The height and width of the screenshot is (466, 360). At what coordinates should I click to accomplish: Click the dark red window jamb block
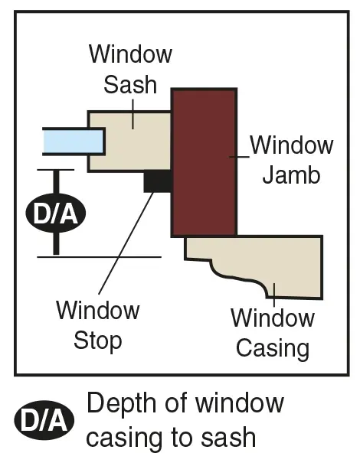tap(204, 162)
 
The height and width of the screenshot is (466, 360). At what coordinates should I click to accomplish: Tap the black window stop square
tap(158, 181)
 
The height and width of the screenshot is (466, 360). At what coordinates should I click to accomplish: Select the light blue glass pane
tap(74, 142)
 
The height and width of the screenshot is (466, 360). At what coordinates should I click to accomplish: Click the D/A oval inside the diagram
tap(56, 213)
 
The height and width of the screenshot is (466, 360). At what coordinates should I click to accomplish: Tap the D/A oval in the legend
tap(44, 420)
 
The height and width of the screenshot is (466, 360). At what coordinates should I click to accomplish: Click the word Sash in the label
tap(130, 85)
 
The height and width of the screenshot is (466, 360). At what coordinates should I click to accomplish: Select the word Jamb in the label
tap(291, 175)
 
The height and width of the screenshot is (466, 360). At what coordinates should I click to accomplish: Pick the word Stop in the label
tap(98, 341)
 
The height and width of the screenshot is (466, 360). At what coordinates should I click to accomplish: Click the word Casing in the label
tap(273, 349)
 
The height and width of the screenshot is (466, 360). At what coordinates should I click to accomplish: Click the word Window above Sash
tap(130, 54)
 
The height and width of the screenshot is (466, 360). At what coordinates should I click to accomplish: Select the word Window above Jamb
tap(292, 145)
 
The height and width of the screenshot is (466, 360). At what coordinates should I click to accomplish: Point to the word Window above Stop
tap(98, 310)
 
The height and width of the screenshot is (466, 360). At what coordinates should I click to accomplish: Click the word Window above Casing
tap(273, 318)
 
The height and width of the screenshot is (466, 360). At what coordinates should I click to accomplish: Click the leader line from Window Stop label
tap(126, 243)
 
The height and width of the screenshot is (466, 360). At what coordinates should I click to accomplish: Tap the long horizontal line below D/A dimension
tap(99, 257)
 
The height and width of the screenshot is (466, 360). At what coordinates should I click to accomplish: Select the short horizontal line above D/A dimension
tap(56, 170)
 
